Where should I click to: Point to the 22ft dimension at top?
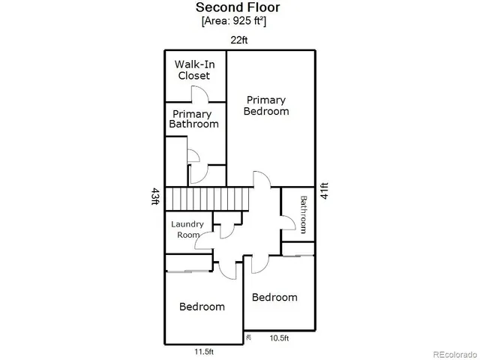pyautogui.click(x=239, y=40)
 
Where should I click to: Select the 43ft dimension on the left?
pyautogui.click(x=155, y=197)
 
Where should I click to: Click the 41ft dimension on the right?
pyautogui.click(x=324, y=190)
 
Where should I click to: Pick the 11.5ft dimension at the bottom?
pyautogui.click(x=203, y=351)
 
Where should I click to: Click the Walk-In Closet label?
pyautogui.click(x=193, y=70)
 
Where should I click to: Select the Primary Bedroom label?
pyautogui.click(x=265, y=105)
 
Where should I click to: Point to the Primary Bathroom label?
pyautogui.click(x=193, y=119)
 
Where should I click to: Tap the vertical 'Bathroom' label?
pyautogui.click(x=304, y=215)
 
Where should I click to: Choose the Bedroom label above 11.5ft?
pyautogui.click(x=201, y=307)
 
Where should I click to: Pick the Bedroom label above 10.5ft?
pyautogui.click(x=274, y=297)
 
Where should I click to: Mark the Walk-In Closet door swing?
pyautogui.click(x=200, y=94)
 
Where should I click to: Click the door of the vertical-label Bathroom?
pyautogui.click(x=287, y=222)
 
